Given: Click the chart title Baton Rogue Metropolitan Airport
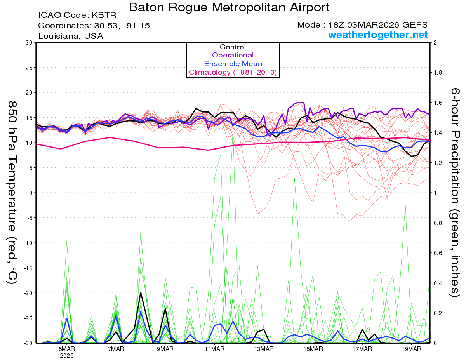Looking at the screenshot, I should (x=229, y=7).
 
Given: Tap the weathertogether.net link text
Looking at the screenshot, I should (x=378, y=35).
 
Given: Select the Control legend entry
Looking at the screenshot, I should (x=233, y=47).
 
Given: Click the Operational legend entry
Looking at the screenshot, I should (x=233, y=55).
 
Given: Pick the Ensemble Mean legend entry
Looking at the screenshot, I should (x=233, y=64).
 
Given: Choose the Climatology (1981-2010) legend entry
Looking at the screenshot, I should (x=233, y=72).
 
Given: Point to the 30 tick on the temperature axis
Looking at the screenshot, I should (x=28, y=43).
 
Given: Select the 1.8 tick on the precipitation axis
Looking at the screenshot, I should (x=438, y=73).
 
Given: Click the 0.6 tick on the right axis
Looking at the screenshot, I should (x=438, y=253).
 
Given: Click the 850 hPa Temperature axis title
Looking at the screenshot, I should (x=12, y=192).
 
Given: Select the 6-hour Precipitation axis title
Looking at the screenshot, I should (x=454, y=192).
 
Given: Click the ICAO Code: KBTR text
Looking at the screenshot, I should (x=77, y=16).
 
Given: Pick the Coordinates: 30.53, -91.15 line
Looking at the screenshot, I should (x=94, y=26).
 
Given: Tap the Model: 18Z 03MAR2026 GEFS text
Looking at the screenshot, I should (x=362, y=25).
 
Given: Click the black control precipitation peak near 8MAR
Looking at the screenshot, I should (x=141, y=292).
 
